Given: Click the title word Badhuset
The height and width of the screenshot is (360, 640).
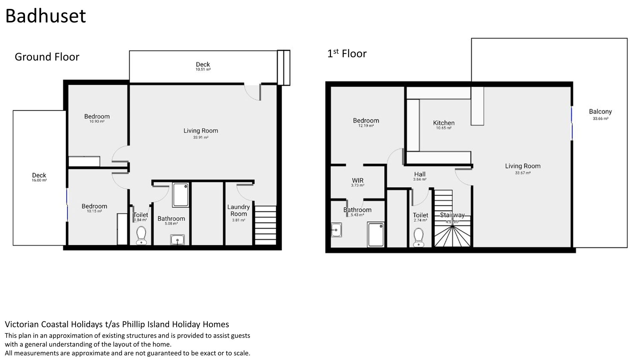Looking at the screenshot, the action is [46, 16].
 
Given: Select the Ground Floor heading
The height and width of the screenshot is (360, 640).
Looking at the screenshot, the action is [47, 57].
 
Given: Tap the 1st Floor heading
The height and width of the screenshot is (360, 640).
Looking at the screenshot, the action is [347, 53].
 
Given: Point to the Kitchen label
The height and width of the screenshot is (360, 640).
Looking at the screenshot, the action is [444, 123].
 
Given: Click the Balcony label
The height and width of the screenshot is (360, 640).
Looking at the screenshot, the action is [600, 112].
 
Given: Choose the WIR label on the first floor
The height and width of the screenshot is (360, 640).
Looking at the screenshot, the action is [357, 181].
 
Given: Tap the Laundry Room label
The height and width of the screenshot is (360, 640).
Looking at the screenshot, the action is [239, 210].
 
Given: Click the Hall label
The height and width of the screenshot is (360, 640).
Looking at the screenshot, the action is [420, 174].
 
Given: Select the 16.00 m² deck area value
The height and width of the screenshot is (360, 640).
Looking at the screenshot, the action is [39, 180].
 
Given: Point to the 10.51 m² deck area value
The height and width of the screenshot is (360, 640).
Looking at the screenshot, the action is [203, 70].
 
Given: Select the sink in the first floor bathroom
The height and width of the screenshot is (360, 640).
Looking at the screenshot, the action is [336, 230].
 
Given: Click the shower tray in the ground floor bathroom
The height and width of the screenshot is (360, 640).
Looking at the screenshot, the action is [181, 195].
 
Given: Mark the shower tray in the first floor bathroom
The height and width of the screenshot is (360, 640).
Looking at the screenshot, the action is [376, 235].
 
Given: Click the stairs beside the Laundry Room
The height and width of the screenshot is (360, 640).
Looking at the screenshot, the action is [266, 225].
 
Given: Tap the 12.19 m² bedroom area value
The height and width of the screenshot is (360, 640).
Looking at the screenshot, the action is [366, 126].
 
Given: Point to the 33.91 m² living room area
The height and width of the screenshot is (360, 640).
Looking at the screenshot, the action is [201, 137].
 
